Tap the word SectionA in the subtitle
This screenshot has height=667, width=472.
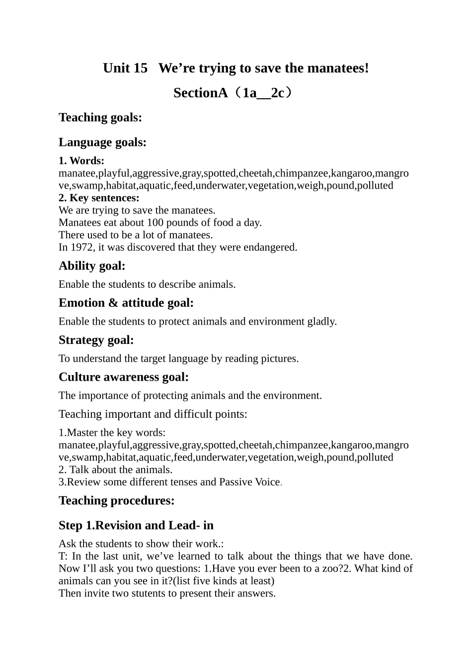coord(200,93)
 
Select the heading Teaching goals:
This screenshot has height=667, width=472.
coord(100,118)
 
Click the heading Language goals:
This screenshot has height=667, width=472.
coord(102,142)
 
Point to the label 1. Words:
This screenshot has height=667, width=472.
coord(81,161)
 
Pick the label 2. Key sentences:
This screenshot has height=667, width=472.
coord(99,198)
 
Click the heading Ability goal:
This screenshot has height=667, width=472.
coord(92,266)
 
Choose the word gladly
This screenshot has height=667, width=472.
coord(321,322)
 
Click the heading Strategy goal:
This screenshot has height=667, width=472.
coord(96,340)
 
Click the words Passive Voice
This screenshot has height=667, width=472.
coord(249,482)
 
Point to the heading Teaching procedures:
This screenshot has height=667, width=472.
coord(117,501)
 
